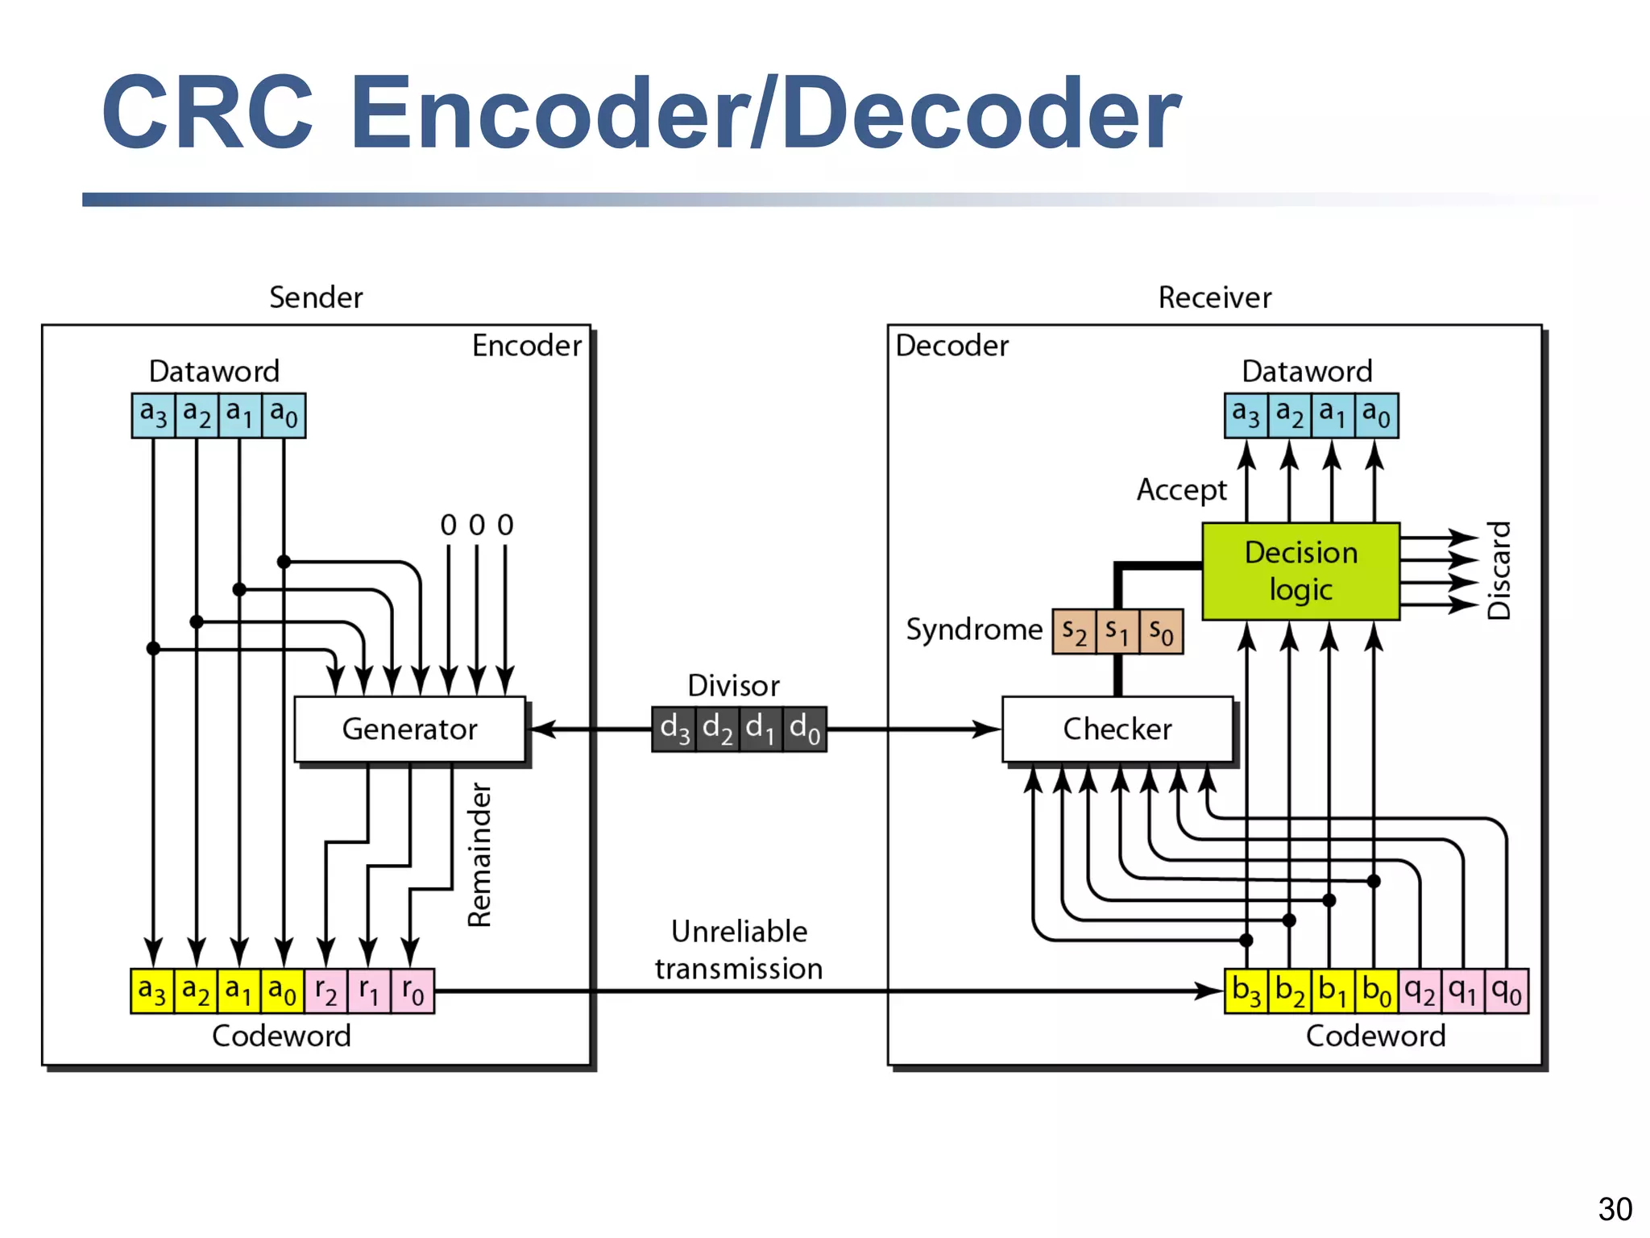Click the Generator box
coord(409,729)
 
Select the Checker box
coord(1117,729)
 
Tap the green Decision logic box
coord(1300,571)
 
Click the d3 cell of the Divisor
coord(674,729)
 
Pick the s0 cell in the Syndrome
coord(1161,632)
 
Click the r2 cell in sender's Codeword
coord(326,991)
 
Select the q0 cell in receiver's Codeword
coord(1506,991)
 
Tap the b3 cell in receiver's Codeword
coord(1246,991)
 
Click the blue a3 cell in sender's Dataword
coord(153,415)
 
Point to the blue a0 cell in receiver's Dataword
coord(1376,415)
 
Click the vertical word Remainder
coord(480,854)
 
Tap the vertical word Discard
coord(1499,571)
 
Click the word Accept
coord(1181,490)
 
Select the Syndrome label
coord(973,629)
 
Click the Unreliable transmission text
coord(739,949)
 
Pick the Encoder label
coord(526,346)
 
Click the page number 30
coord(1615,1209)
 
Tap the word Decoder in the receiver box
coord(951,346)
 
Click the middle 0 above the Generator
coord(477,526)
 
